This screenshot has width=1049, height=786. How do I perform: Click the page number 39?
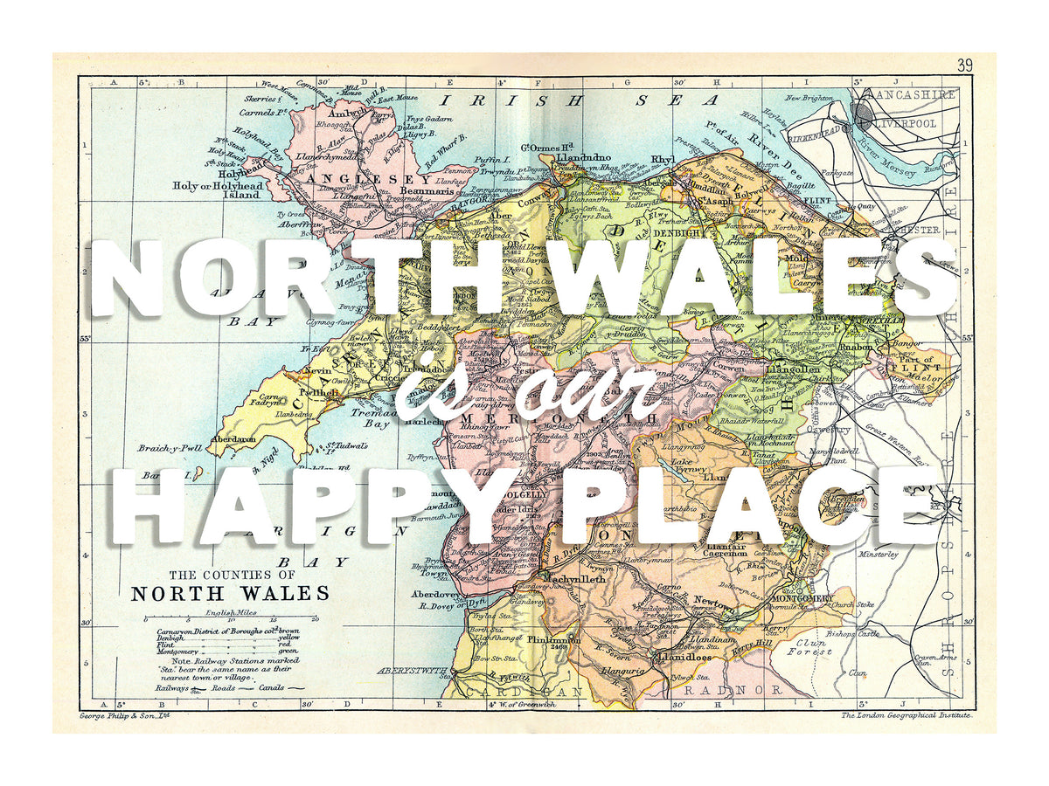(x=964, y=65)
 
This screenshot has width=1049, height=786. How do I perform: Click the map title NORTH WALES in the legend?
(x=230, y=594)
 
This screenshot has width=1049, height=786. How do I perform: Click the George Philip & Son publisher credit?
(x=122, y=714)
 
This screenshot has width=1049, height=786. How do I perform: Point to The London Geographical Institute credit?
(x=906, y=714)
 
